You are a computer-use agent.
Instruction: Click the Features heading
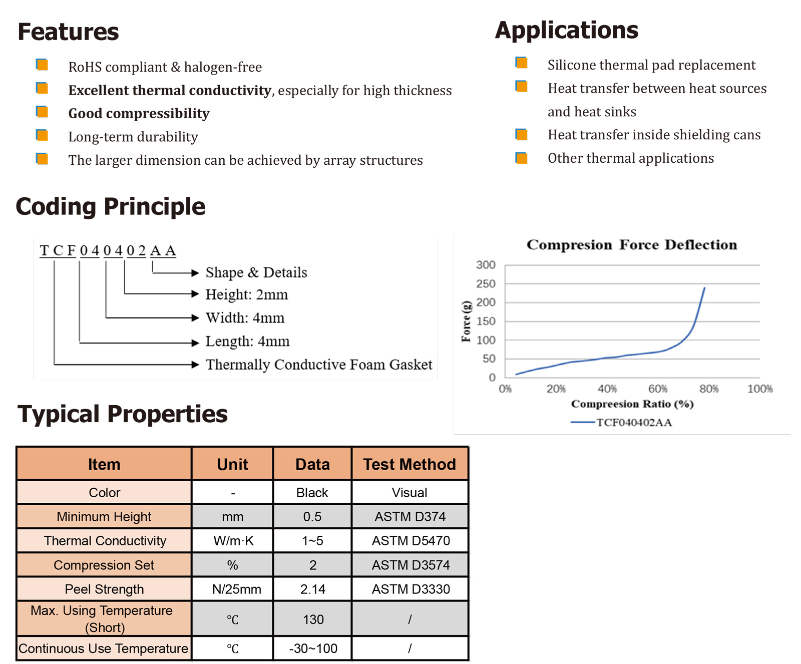pyautogui.click(x=68, y=32)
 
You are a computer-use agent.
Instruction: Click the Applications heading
pyautogui.click(x=566, y=31)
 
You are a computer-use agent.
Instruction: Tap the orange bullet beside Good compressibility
pyautogui.click(x=42, y=112)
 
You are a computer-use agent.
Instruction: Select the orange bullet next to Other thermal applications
pyautogui.click(x=521, y=158)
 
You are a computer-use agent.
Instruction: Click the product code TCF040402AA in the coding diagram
pyautogui.click(x=108, y=250)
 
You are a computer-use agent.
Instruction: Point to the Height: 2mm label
pyautogui.click(x=246, y=294)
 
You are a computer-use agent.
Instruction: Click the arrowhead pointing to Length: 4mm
pyautogui.click(x=196, y=343)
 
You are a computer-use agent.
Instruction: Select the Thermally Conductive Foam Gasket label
pyautogui.click(x=319, y=365)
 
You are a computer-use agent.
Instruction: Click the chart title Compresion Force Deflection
pyautogui.click(x=631, y=245)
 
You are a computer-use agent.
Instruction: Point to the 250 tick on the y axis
pyautogui.click(x=486, y=284)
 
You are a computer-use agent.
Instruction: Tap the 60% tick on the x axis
pyautogui.click(x=657, y=389)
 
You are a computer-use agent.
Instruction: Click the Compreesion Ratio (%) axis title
pyautogui.click(x=632, y=404)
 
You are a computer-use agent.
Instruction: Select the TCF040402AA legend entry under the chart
pyautogui.click(x=633, y=422)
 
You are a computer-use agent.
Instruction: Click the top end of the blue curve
pyautogui.click(x=704, y=288)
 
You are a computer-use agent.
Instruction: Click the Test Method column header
pyautogui.click(x=410, y=464)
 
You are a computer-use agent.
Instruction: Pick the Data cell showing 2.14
pyautogui.click(x=312, y=589)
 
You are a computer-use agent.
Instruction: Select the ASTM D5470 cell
pyautogui.click(x=411, y=541)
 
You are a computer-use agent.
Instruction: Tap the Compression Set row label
pyautogui.click(x=104, y=565)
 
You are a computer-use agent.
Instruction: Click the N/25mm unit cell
pyautogui.click(x=236, y=589)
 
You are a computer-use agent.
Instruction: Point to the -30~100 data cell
pyautogui.click(x=313, y=648)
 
